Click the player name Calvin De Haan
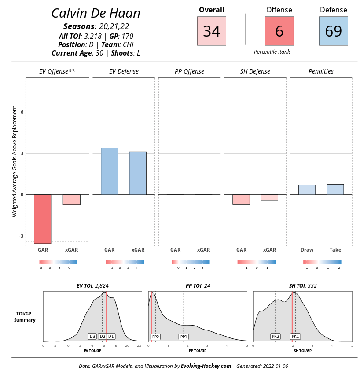click(96, 13)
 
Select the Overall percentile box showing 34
click(211, 31)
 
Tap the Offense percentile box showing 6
click(279, 31)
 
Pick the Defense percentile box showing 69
click(333, 31)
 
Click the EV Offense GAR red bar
click(43, 219)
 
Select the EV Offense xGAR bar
click(71, 200)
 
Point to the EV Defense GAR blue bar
click(109, 171)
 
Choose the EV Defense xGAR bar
click(137, 173)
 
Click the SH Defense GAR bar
click(241, 200)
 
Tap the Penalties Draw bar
click(307, 190)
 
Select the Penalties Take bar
click(335, 189)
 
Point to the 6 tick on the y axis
click(22, 112)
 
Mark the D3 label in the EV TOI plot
click(92, 336)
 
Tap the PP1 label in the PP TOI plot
click(184, 337)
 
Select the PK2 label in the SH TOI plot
click(276, 336)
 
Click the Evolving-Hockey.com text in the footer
click(206, 366)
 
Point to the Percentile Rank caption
click(272, 52)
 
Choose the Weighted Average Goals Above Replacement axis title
click(15, 161)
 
